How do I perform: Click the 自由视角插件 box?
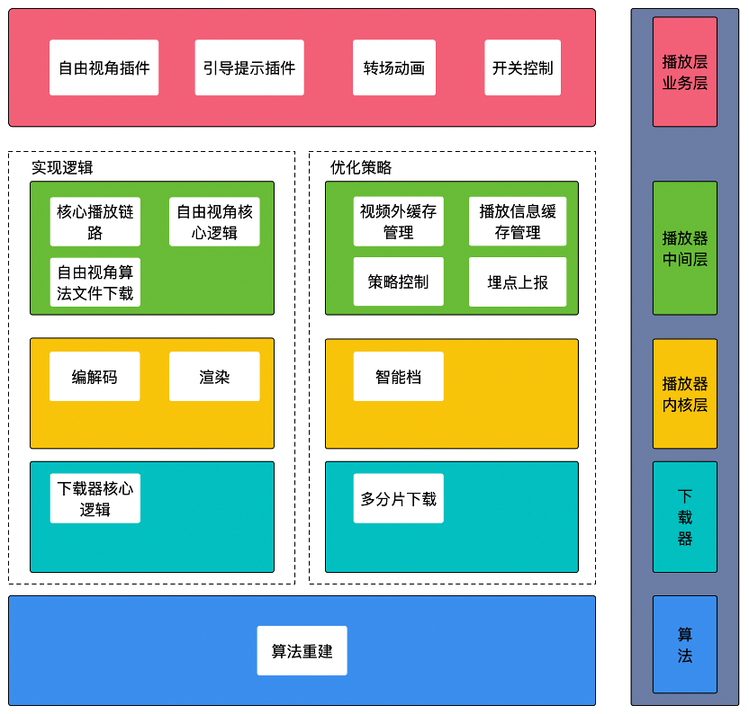click(104, 67)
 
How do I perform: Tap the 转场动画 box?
click(393, 67)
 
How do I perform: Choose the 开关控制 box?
click(522, 67)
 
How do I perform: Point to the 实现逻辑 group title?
click(62, 167)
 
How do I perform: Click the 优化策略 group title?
click(361, 167)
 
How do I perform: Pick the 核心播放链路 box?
click(95, 222)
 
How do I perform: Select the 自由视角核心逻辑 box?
click(214, 222)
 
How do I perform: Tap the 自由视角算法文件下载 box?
click(95, 281)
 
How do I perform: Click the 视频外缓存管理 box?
click(398, 222)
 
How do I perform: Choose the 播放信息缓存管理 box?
click(518, 222)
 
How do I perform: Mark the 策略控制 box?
click(398, 281)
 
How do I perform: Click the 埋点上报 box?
click(518, 281)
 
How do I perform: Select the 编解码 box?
click(95, 377)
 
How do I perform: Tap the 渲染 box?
click(214, 377)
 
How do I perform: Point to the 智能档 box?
click(398, 377)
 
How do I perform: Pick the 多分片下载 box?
click(398, 499)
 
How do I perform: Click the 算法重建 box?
click(302, 651)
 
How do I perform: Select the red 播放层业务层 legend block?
click(685, 72)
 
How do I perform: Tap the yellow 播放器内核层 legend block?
click(685, 394)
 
